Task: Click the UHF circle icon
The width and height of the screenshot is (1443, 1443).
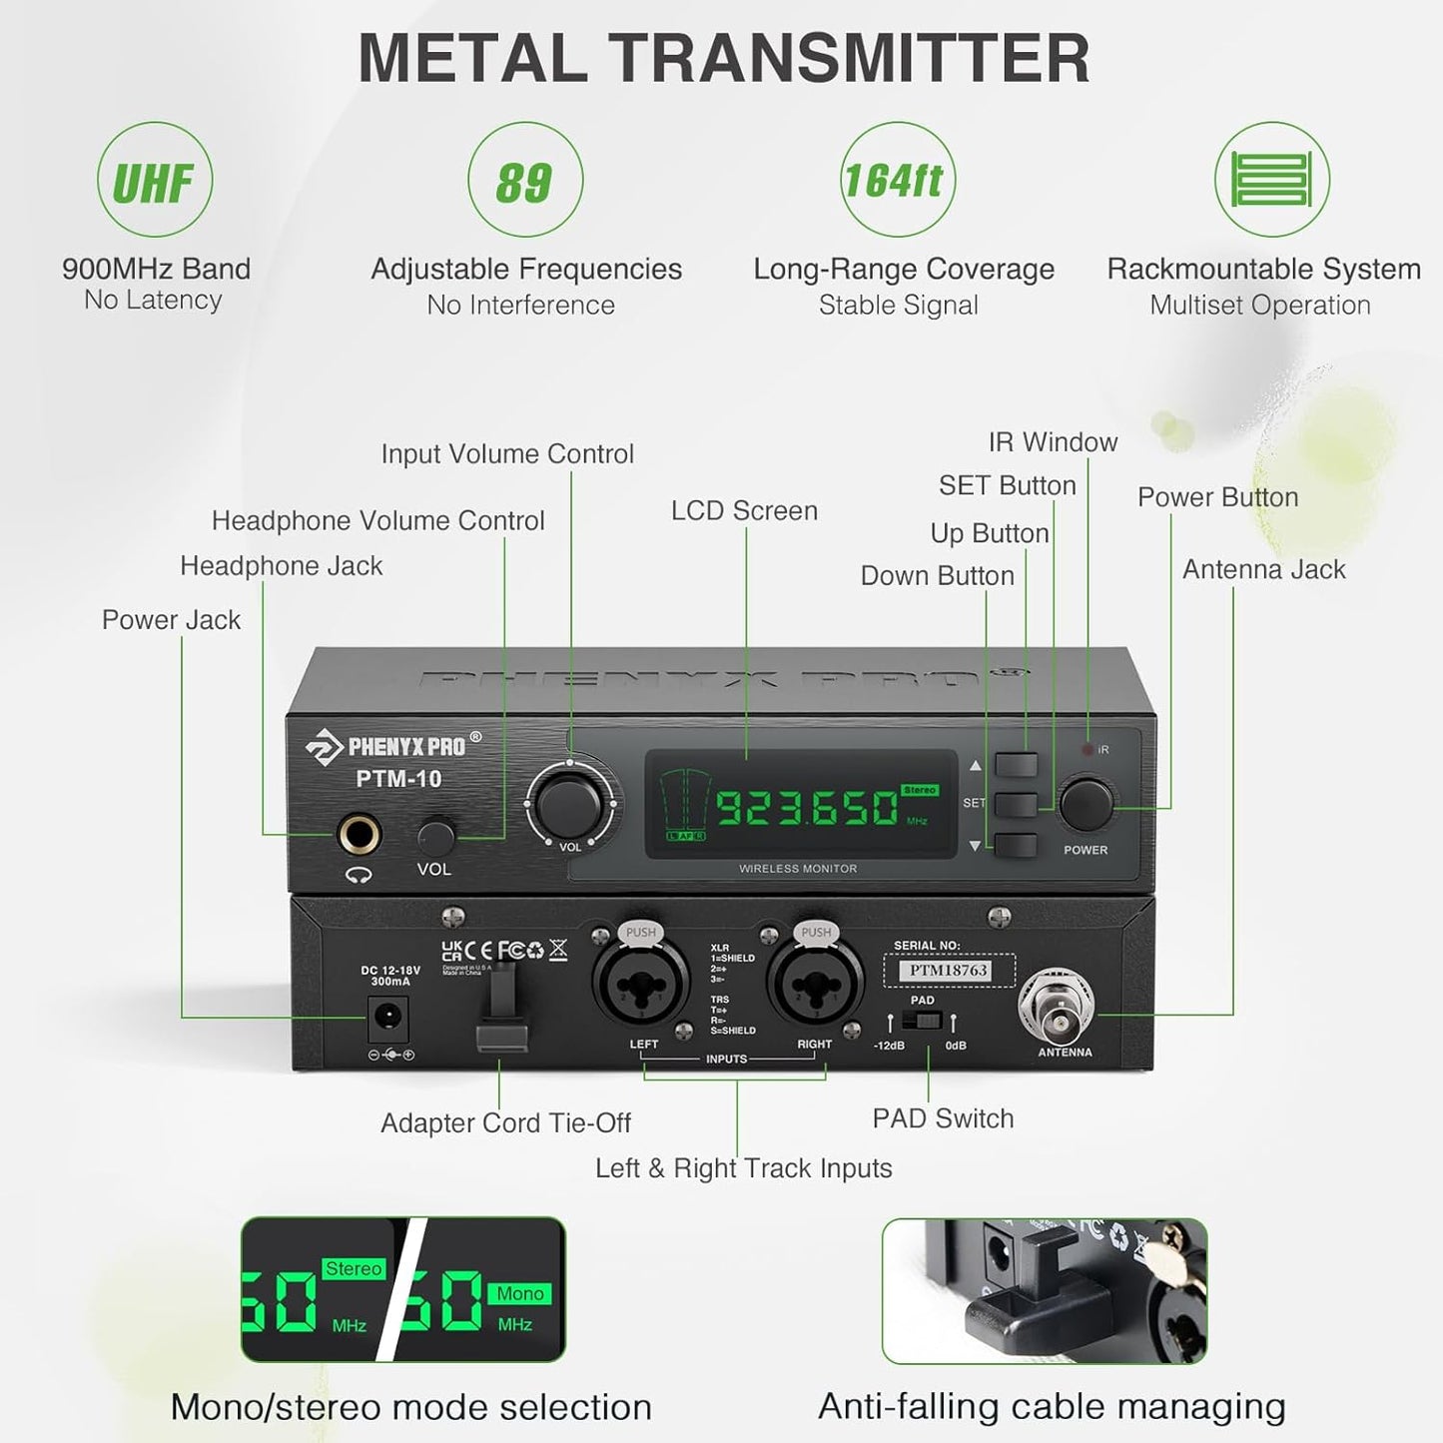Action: click(x=154, y=181)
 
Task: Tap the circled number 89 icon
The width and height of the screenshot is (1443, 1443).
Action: click(x=524, y=181)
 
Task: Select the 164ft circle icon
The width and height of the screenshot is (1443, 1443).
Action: click(x=897, y=181)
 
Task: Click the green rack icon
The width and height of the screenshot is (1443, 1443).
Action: click(x=1271, y=181)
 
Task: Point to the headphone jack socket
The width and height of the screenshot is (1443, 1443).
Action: click(x=359, y=834)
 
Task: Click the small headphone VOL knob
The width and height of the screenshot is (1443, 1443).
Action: click(x=435, y=834)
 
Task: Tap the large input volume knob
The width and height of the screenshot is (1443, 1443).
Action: click(x=569, y=802)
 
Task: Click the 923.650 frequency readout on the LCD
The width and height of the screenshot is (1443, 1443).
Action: click(x=807, y=807)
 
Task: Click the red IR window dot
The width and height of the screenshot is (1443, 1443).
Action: click(x=1088, y=749)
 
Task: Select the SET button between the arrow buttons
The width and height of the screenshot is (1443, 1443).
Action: click(x=1016, y=804)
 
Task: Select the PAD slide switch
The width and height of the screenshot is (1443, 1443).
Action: click(x=922, y=1022)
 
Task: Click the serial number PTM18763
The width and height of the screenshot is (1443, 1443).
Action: click(x=948, y=970)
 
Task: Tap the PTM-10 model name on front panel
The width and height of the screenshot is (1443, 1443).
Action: click(x=398, y=779)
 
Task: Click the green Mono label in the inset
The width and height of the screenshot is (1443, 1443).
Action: click(x=520, y=1293)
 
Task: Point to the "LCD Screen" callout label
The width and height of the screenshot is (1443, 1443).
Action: click(x=744, y=511)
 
